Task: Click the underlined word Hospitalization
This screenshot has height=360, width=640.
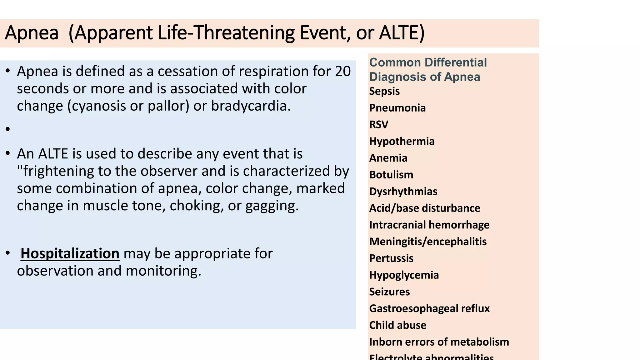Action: click(x=70, y=253)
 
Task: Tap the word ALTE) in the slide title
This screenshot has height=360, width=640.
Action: click(x=402, y=33)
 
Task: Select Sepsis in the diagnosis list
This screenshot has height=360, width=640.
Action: click(x=384, y=91)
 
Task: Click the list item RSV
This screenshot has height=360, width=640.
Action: click(x=378, y=125)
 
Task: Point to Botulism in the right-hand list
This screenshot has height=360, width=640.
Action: click(x=391, y=175)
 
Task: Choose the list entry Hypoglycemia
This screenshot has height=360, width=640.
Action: click(x=404, y=275)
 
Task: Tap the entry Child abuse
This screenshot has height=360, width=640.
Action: click(x=397, y=325)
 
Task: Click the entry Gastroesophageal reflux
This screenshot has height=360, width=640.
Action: click(x=429, y=308)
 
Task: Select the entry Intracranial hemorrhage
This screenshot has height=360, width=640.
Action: click(x=429, y=225)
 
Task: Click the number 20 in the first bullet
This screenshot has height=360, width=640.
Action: click(x=343, y=72)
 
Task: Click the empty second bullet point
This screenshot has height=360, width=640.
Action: click(x=8, y=129)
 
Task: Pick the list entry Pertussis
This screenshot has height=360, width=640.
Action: click(x=391, y=258)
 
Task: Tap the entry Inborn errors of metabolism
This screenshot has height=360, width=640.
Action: click(x=439, y=342)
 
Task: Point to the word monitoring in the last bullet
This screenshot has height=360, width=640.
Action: click(x=163, y=271)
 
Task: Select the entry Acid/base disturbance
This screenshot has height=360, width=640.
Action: click(x=424, y=208)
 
